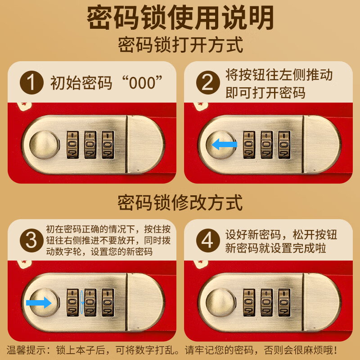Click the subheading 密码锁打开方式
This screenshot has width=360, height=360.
(180, 45)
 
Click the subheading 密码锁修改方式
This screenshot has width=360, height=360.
(180, 202)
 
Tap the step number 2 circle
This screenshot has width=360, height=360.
(207, 83)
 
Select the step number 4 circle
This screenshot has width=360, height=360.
(207, 240)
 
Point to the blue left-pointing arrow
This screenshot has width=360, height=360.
(225, 144)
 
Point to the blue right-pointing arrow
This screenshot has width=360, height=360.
(39, 302)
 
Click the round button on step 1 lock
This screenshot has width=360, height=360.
(44, 145)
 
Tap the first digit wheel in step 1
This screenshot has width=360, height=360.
(72, 144)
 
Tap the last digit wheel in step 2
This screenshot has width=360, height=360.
(283, 144)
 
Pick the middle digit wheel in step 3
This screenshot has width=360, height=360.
(90, 302)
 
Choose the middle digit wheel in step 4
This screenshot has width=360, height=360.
(266, 302)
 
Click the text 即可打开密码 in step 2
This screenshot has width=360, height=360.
(265, 92)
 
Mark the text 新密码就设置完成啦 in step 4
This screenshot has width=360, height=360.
(275, 249)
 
